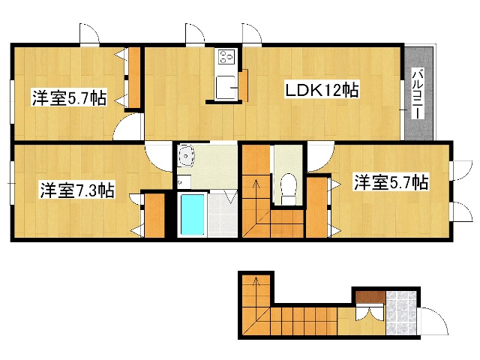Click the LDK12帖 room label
[322, 90]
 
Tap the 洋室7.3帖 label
[76, 190]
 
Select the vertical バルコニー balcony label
[417, 94]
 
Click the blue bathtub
[192, 215]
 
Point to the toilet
[289, 189]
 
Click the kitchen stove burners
[226, 56]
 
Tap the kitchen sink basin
[225, 88]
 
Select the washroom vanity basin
[186, 156]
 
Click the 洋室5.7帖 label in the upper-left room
[70, 97]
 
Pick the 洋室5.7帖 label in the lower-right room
[391, 181]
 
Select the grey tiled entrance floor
[401, 313]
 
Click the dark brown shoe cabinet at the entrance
[370, 297]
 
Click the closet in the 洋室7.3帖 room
[154, 215]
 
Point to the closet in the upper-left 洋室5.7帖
[134, 77]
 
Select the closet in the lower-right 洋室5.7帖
[316, 207]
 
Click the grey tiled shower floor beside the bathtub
[222, 215]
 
